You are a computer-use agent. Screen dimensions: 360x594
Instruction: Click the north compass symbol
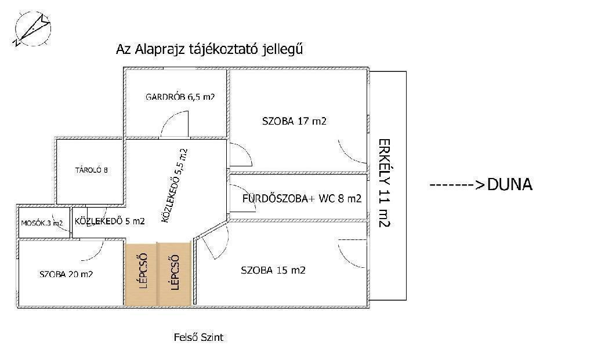(x=33, y=29)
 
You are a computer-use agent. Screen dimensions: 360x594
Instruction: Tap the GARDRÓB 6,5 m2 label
(x=180, y=97)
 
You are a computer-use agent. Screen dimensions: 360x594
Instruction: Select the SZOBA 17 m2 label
(x=294, y=121)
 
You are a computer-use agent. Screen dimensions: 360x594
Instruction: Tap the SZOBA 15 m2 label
(x=273, y=270)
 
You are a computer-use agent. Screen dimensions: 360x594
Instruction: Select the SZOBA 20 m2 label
(x=66, y=274)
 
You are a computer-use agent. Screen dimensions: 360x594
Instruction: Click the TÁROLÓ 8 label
(x=91, y=170)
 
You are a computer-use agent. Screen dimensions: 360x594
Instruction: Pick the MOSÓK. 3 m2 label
(x=42, y=223)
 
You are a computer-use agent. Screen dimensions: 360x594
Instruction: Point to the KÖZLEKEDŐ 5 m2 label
(x=110, y=221)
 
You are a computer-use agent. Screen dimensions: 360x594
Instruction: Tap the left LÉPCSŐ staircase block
(x=141, y=273)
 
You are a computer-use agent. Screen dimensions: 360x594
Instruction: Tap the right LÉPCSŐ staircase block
(x=174, y=273)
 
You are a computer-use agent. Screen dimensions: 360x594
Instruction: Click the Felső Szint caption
(x=198, y=337)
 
